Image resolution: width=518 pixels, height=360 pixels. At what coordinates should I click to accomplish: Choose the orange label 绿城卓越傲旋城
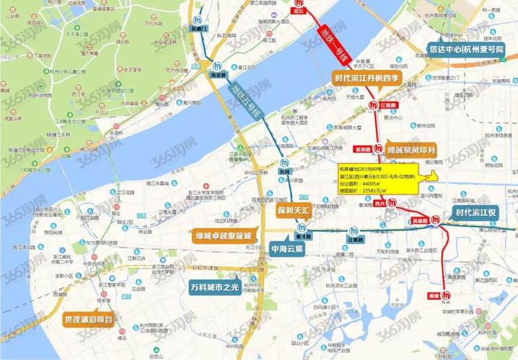point(217,235)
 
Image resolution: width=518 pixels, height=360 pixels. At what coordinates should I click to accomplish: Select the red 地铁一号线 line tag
point(335,45)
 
